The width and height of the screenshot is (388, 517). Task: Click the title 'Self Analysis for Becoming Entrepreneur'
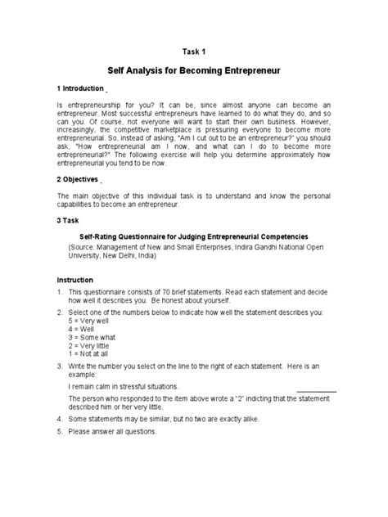coord(193,71)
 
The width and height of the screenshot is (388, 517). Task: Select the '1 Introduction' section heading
coord(80,88)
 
